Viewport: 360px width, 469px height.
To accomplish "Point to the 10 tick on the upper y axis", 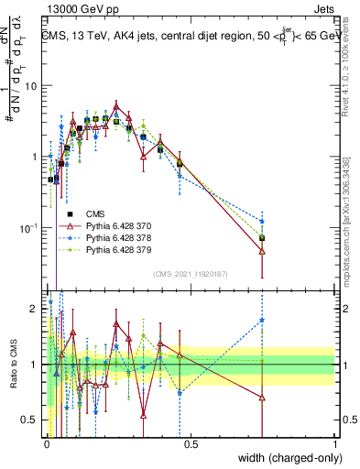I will click(x=31, y=86).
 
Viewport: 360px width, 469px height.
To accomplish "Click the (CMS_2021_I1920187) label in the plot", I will click(x=191, y=273).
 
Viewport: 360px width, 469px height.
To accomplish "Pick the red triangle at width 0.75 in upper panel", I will click(x=262, y=251).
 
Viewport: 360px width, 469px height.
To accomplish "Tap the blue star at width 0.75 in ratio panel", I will click(x=262, y=320).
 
